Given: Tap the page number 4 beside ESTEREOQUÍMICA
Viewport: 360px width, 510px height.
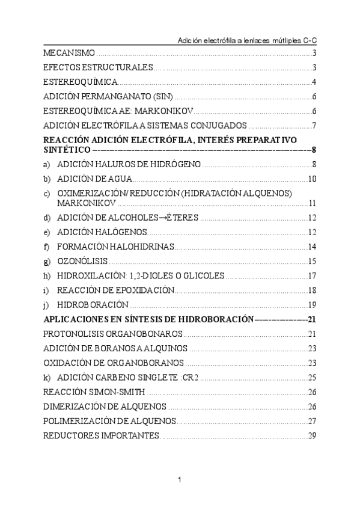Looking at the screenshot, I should (x=314, y=82).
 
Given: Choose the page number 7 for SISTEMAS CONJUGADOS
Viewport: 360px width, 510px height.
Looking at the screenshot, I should (x=314, y=126).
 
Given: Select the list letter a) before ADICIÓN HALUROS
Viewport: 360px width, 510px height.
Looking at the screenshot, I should (x=47, y=164).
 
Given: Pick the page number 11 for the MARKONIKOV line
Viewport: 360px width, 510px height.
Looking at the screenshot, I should (x=312, y=203).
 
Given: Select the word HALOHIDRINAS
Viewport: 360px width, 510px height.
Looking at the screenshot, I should (x=142, y=247).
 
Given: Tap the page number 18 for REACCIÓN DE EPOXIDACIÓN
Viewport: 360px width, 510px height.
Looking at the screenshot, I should (x=312, y=290).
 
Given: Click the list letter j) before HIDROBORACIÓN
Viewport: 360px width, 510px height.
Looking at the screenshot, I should (x=47, y=304).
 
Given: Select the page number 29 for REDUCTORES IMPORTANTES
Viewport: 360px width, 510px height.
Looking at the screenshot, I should (x=312, y=435).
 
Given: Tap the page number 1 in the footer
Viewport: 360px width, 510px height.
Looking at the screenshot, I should (x=180, y=479).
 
